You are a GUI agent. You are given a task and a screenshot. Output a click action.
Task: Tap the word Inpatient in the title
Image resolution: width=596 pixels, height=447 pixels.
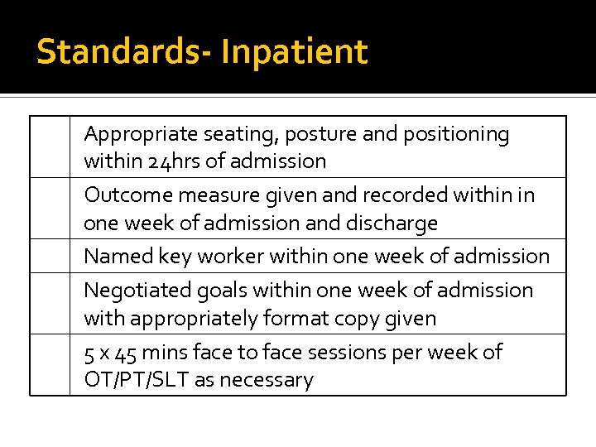[294, 51]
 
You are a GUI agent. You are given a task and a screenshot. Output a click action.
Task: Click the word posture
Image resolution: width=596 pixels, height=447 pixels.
[315, 134]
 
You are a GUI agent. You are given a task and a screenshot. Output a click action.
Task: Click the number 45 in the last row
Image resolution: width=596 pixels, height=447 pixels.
[127, 353]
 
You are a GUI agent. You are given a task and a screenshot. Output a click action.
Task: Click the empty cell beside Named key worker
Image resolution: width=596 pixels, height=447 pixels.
[50, 256]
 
